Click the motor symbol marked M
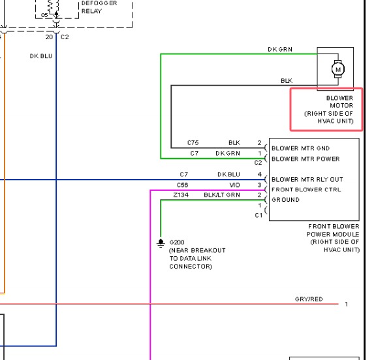click(338, 69)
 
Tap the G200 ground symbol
click(161, 243)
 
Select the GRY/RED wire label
click(309, 299)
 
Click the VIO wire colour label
click(234, 185)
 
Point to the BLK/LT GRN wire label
click(222, 195)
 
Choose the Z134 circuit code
click(181, 195)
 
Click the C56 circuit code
click(182, 185)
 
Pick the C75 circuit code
click(193, 143)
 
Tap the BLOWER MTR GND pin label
click(300, 148)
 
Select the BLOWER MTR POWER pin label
click(305, 159)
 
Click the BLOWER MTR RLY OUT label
click(307, 179)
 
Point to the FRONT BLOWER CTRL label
click(306, 189)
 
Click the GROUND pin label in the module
click(285, 200)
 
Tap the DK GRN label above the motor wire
click(280, 50)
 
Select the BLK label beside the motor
click(287, 81)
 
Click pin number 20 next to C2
click(49, 37)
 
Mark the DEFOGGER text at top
click(99, 3)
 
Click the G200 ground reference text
click(177, 242)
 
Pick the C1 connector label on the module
click(258, 215)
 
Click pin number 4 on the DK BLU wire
click(260, 174)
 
